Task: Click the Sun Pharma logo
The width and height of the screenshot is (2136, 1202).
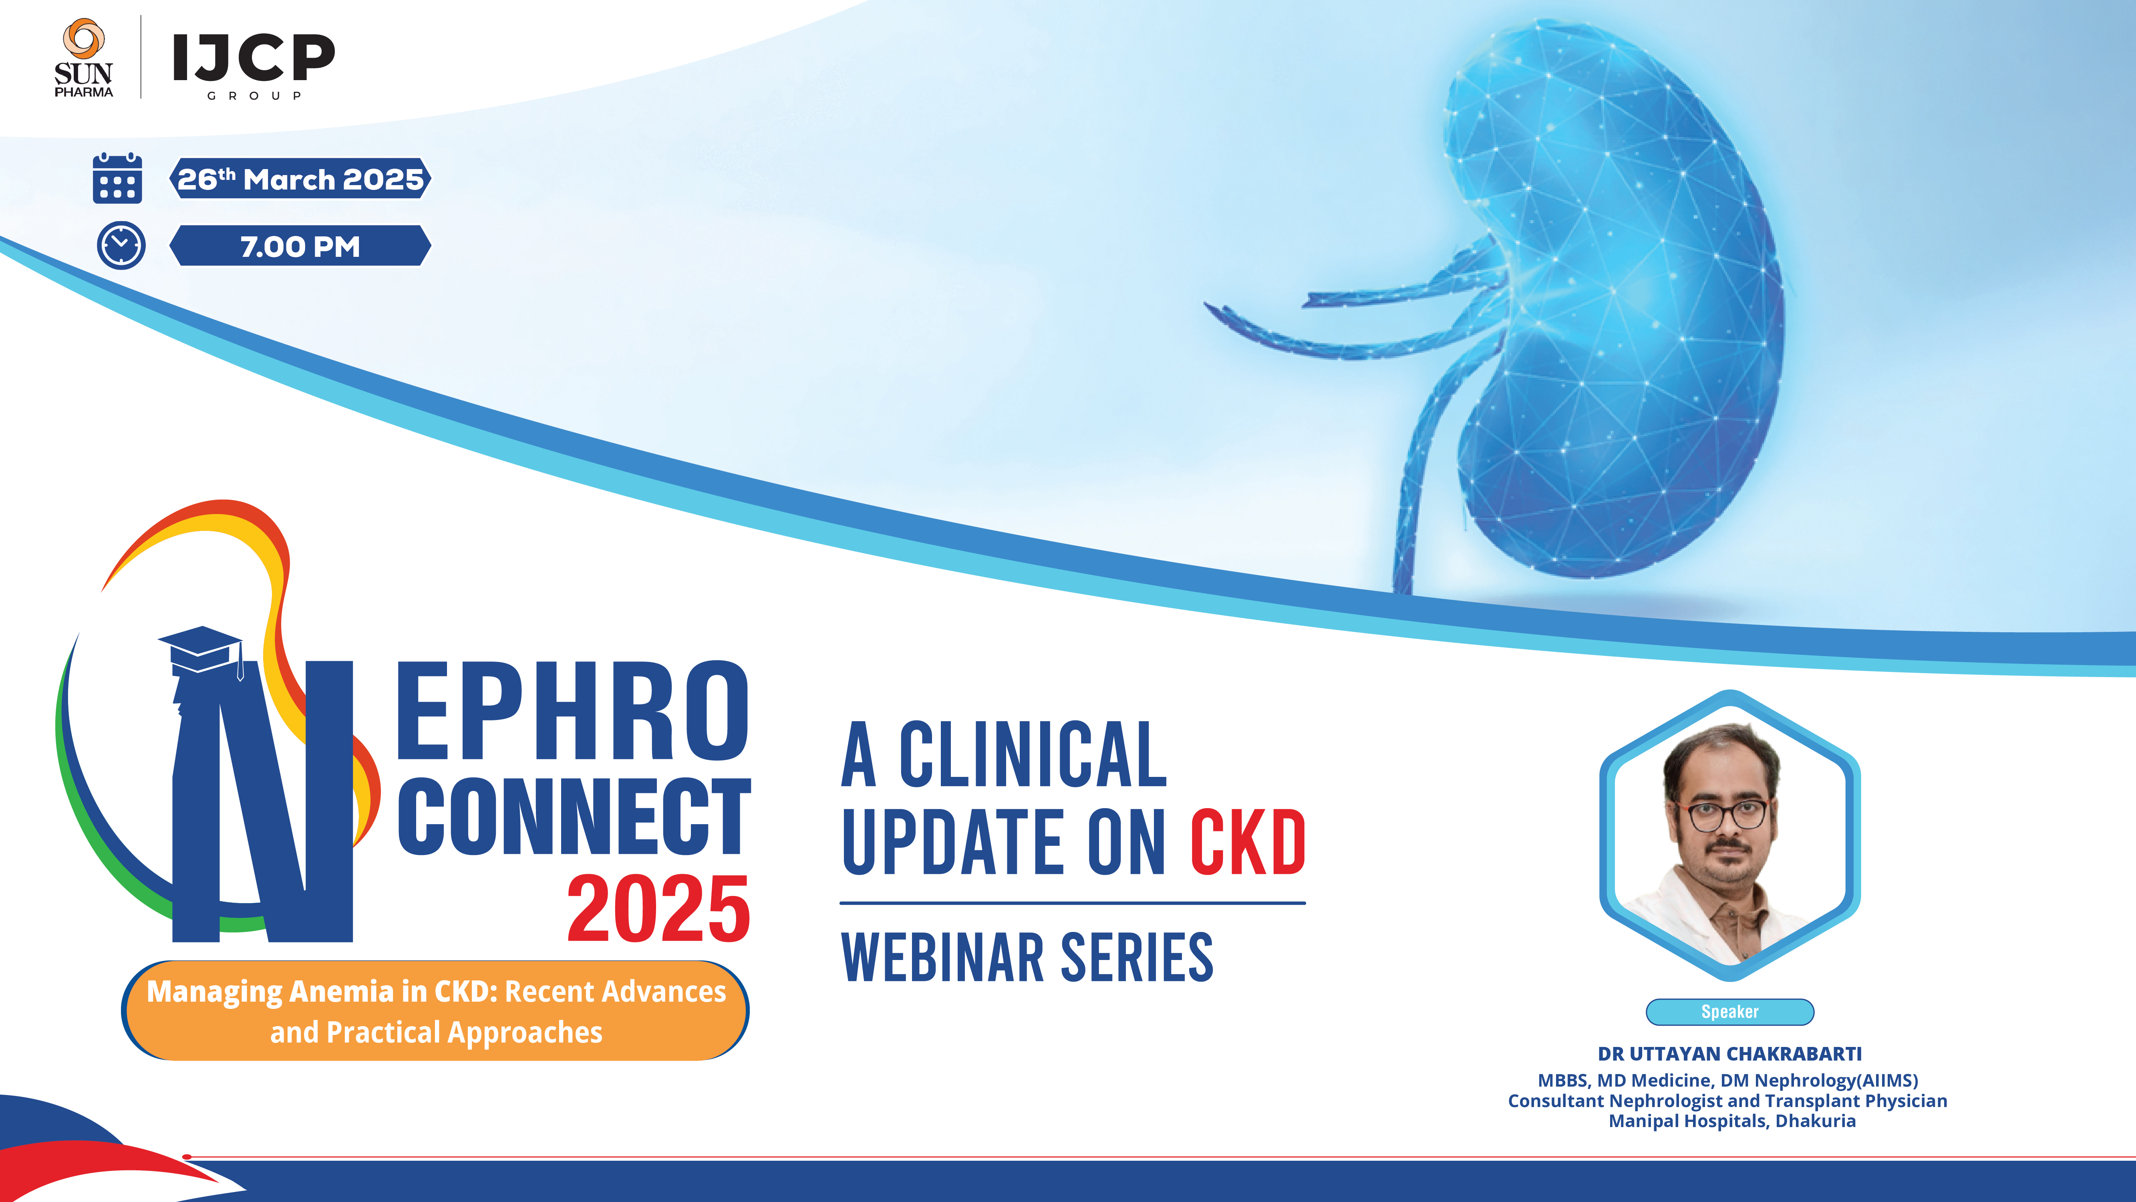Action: pos(83,58)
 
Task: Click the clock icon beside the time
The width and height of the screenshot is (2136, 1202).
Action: pos(121,246)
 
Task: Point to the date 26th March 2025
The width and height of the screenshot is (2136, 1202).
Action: pos(300,179)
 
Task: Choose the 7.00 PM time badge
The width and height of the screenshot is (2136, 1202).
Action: pos(300,246)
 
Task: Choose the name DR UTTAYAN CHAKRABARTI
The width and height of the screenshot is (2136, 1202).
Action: pos(1730,1053)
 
